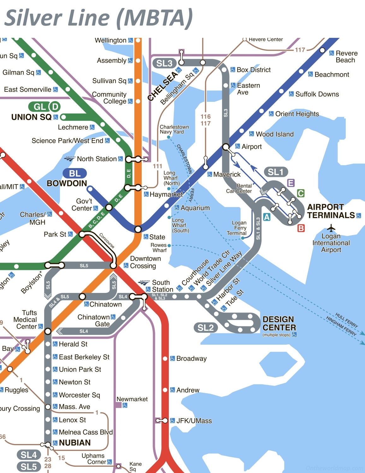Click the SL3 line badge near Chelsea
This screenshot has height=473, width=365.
click(x=164, y=63)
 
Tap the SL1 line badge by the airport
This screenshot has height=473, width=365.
click(x=276, y=172)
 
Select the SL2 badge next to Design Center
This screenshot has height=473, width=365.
click(x=205, y=328)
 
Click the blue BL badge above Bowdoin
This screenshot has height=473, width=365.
click(x=74, y=173)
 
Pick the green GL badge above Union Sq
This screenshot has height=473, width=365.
click(x=39, y=107)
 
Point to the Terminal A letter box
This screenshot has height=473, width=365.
click(x=267, y=217)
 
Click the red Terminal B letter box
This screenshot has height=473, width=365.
click(x=301, y=228)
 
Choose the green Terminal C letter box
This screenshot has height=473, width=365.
click(x=301, y=193)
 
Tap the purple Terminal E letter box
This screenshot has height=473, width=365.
click(x=291, y=183)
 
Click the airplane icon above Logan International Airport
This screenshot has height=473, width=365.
click(x=331, y=228)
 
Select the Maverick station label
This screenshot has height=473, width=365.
click(x=227, y=174)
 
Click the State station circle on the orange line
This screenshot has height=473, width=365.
click(x=138, y=229)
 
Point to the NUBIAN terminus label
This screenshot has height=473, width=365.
click(x=75, y=443)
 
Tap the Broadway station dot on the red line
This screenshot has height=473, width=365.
click(x=165, y=359)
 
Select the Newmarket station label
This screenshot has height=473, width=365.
click(x=132, y=399)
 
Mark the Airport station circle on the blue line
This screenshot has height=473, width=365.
click(x=226, y=147)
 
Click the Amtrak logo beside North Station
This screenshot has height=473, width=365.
click(x=70, y=159)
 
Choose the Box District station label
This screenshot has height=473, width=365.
click(x=254, y=70)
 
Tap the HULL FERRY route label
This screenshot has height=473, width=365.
click(x=346, y=320)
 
